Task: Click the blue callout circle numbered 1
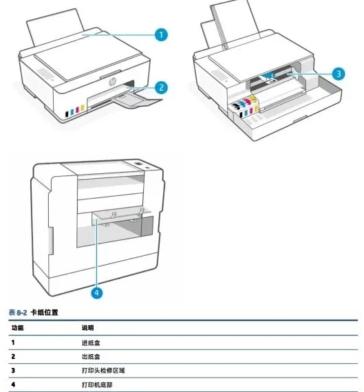pos(161,34)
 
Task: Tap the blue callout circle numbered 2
pos(161,87)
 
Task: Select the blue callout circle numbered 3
pos(339,74)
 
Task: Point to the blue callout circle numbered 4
pos(97,292)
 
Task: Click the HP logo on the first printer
pos(112,81)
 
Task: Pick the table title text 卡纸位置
pos(44,312)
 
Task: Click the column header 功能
pos(17,328)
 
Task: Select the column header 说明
pos(87,328)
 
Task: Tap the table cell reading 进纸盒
pos(91,342)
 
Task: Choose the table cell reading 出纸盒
pos(91,356)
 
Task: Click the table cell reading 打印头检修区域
pos(103,370)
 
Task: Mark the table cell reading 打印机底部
pos(97,384)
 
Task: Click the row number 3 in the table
pos(13,371)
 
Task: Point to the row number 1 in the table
pos(13,342)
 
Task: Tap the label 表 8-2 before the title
pos(18,312)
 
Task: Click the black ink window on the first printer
pos(67,114)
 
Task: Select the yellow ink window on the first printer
pos(83,108)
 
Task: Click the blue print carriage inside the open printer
pos(270,76)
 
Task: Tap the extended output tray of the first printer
pos(137,102)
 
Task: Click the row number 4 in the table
pos(13,384)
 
